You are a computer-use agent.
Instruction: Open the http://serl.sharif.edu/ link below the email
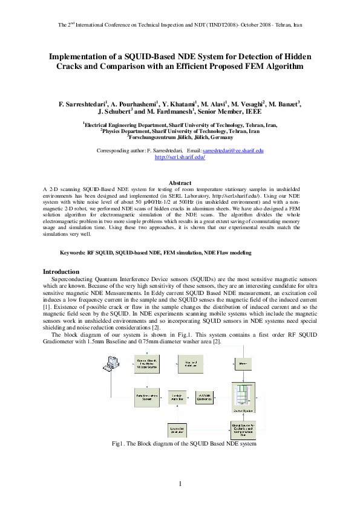180,157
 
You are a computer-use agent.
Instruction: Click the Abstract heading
180,183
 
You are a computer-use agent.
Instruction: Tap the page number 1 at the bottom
180,484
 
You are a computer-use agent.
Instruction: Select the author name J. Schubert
114,111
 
